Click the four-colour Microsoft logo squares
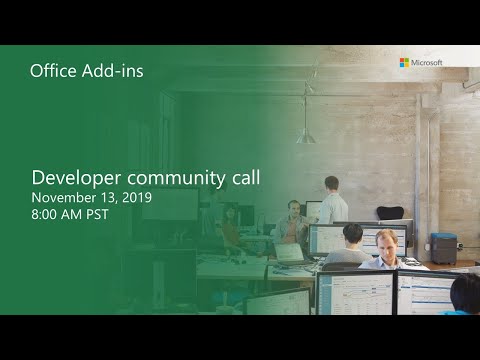pos(405,62)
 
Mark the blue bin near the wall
pos(442,245)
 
